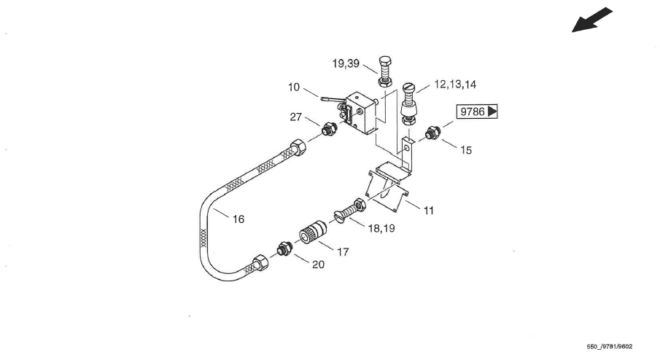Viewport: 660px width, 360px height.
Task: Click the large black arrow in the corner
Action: pos(591,20)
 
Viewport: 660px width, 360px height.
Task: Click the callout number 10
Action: pos(294,87)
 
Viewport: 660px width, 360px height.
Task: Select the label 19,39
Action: pos(346,63)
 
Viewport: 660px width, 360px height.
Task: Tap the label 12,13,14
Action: pos(455,85)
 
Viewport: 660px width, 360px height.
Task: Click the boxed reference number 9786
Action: pos(473,111)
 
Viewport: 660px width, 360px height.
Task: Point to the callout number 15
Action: pos(466,150)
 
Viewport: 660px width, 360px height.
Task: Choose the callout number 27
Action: pos(296,117)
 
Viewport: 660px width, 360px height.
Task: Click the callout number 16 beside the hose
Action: pos(238,219)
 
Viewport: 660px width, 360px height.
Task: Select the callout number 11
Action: pos(429,211)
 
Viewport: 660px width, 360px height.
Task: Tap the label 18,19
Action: pos(381,228)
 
